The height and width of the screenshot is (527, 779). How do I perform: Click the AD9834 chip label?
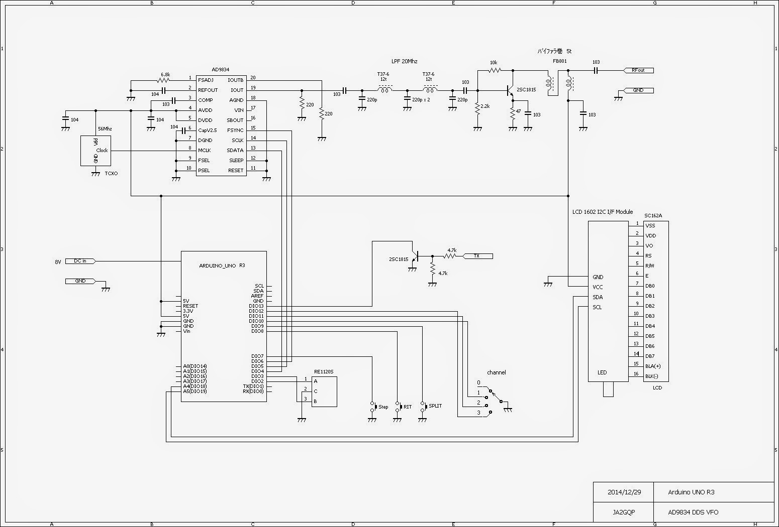[x=220, y=70]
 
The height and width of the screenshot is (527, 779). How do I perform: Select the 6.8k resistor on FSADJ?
[x=164, y=80]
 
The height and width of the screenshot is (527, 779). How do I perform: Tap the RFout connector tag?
[x=638, y=70]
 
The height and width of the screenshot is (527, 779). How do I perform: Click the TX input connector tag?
[x=477, y=256]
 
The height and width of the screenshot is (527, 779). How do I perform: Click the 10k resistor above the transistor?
[x=494, y=70]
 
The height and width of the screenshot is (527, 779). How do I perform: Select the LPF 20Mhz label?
[x=404, y=61]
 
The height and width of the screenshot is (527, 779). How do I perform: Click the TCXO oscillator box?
[x=95, y=151]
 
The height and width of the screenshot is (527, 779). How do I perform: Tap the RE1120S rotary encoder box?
[x=324, y=391]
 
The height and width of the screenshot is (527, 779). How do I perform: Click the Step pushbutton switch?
[x=373, y=407]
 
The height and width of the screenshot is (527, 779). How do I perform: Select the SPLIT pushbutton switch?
[x=423, y=406]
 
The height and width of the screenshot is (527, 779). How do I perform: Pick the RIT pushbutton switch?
[x=398, y=407]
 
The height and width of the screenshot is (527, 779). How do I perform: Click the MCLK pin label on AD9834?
[x=204, y=151]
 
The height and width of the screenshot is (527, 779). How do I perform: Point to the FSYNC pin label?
[x=235, y=130]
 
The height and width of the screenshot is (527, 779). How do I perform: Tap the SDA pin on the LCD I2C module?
[x=598, y=297]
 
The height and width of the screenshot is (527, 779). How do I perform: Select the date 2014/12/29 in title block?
[x=624, y=492]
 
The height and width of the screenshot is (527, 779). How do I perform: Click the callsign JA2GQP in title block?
[x=624, y=512]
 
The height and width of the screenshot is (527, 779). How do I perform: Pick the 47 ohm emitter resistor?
[x=513, y=113]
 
